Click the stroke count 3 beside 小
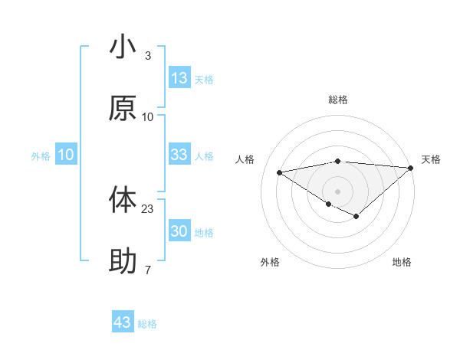click(x=147, y=56)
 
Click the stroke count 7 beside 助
click(x=147, y=270)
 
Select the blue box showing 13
click(x=179, y=78)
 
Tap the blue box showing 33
click(x=179, y=155)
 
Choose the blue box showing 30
click(x=179, y=231)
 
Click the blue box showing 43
click(x=123, y=322)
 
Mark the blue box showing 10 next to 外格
click(x=66, y=155)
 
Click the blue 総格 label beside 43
click(x=147, y=324)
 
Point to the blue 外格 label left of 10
click(x=41, y=156)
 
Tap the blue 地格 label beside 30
click(x=204, y=233)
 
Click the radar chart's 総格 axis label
click(x=338, y=100)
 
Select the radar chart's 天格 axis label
click(x=431, y=159)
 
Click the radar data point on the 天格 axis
click(x=411, y=167)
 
